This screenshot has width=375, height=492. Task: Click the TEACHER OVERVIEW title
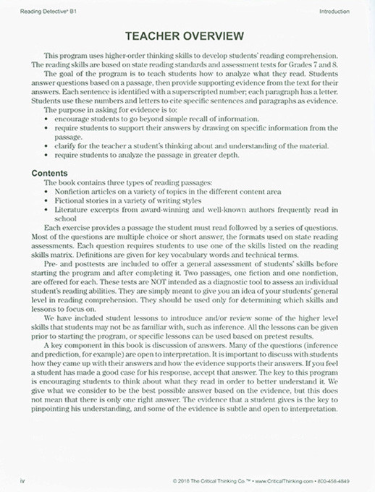[x=187, y=37]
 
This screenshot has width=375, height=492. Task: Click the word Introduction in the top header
[x=334, y=12]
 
